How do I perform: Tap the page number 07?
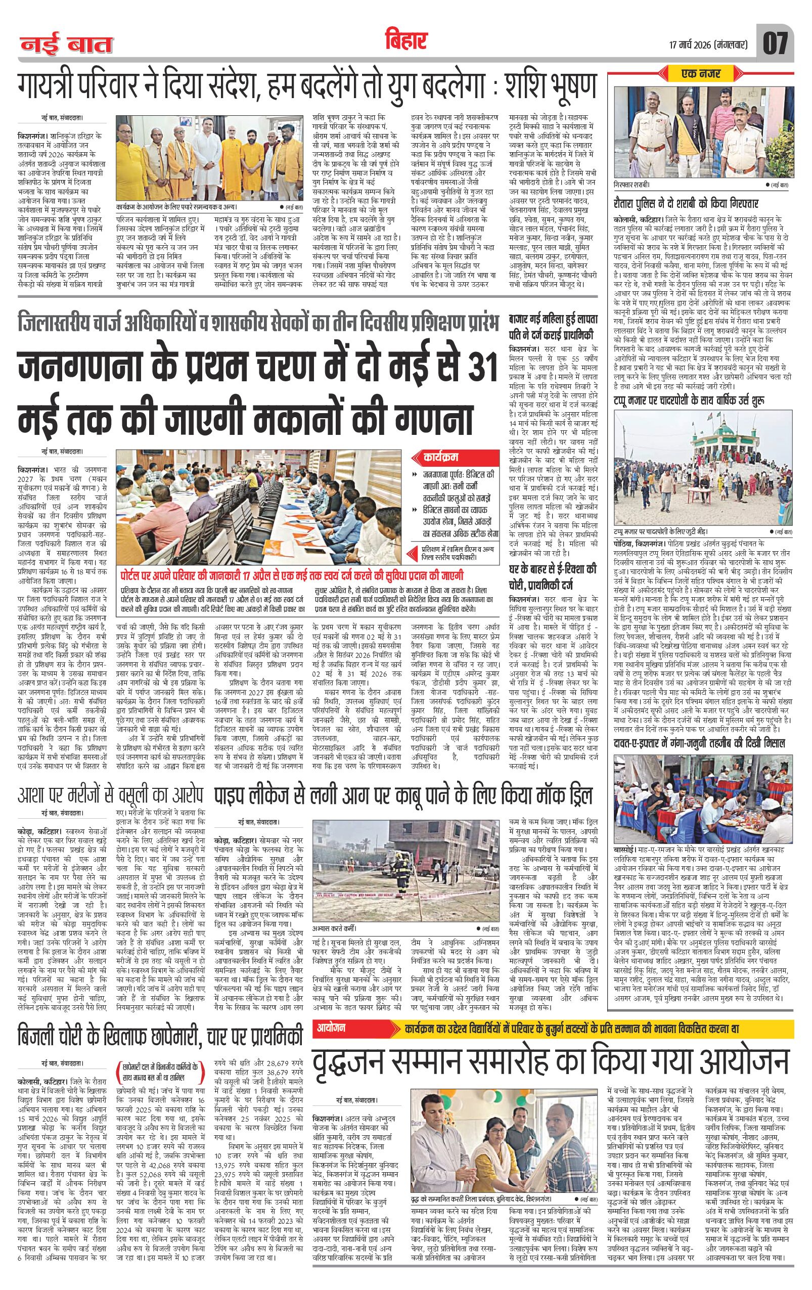776,43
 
